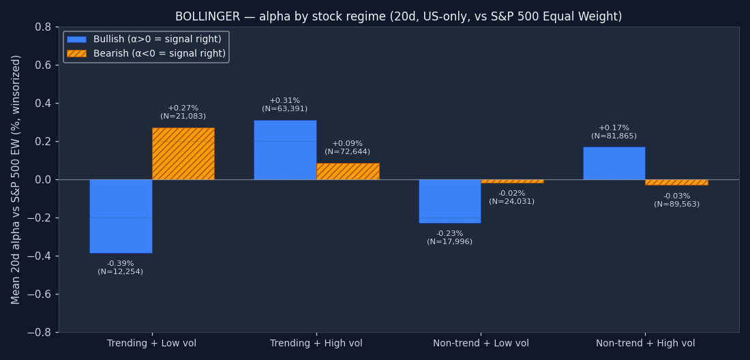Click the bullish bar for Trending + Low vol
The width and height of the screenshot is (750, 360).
pyautogui.click(x=121, y=216)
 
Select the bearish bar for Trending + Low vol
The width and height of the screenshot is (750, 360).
pyautogui.click(x=183, y=153)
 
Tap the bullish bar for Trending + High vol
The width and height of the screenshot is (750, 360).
pyautogui.click(x=285, y=150)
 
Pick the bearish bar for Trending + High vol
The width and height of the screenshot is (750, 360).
pyautogui.click(x=348, y=171)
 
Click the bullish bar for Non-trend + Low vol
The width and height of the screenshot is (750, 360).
pyautogui.click(x=449, y=201)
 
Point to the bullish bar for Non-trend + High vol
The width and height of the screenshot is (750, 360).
pyautogui.click(x=614, y=163)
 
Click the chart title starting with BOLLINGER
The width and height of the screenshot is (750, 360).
pyautogui.click(x=398, y=17)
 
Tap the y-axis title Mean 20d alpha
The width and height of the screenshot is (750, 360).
pyautogui.click(x=16, y=179)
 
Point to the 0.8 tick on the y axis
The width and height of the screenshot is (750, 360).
pyautogui.click(x=42, y=27)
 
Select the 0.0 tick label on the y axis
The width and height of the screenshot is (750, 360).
pyautogui.click(x=42, y=180)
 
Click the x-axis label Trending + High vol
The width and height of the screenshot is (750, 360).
pyautogui.click(x=316, y=344)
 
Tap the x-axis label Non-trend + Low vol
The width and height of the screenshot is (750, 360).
pyautogui.click(x=481, y=344)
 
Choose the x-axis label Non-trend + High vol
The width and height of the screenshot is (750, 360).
pyautogui.click(x=645, y=344)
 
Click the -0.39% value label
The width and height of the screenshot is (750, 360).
pyautogui.click(x=121, y=264)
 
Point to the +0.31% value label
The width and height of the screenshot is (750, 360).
pyautogui.click(x=285, y=101)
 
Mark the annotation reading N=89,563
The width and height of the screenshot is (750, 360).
pyautogui.click(x=676, y=205)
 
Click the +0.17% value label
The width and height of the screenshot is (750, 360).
pyautogui.click(x=614, y=128)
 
